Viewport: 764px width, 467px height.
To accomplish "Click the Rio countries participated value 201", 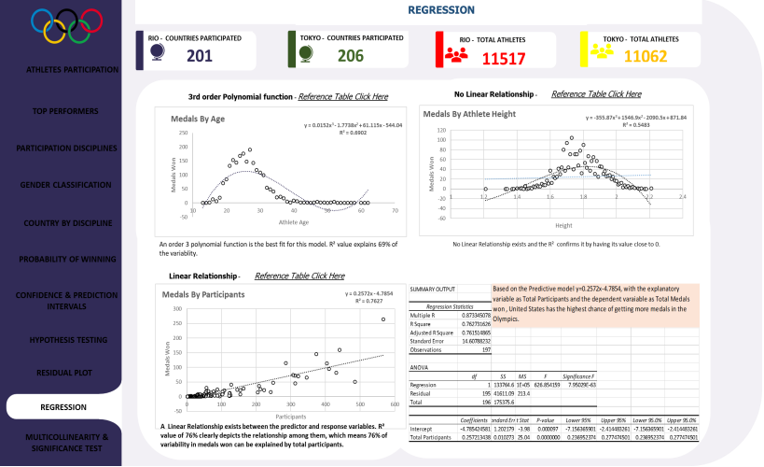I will (x=200, y=56).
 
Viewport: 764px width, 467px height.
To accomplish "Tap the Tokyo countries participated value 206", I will (x=350, y=56).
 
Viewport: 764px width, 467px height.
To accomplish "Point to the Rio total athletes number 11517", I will (x=504, y=58).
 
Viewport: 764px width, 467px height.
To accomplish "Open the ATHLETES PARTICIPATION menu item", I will (x=72, y=69).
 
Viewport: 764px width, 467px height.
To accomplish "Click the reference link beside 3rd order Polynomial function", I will (x=342, y=96).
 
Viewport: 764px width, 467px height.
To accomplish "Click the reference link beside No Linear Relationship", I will (x=596, y=94).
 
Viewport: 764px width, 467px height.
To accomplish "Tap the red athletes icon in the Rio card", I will (x=456, y=53).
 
